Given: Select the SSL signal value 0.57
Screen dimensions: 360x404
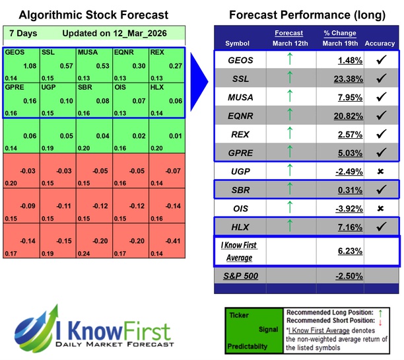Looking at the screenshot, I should (x=66, y=66).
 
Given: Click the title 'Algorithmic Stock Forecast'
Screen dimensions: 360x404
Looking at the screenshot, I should (x=93, y=15).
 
